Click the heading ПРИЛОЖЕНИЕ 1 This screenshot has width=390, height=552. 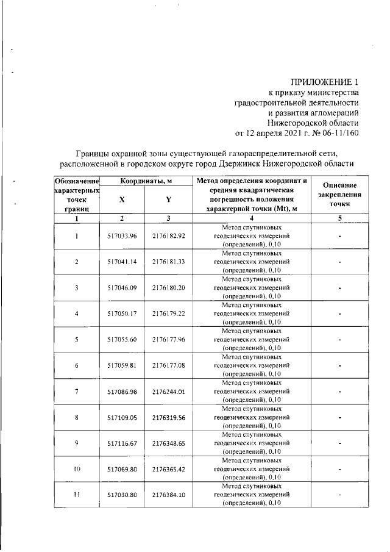(321, 82)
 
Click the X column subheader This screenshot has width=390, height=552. (122, 199)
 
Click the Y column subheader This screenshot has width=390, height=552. (168, 199)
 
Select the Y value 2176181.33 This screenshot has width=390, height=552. (169, 262)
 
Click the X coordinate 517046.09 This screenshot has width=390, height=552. (122, 288)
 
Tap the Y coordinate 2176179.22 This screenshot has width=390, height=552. (169, 314)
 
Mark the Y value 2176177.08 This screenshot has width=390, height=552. (169, 365)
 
